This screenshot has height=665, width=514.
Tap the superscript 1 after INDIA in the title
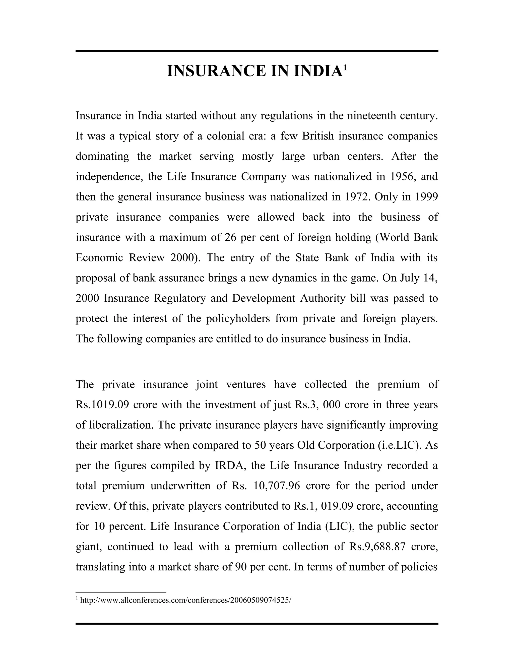tap(345, 66)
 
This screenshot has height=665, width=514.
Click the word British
tap(318, 136)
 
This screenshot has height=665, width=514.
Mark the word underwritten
tap(180, 486)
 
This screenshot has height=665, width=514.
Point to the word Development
tap(263, 298)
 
